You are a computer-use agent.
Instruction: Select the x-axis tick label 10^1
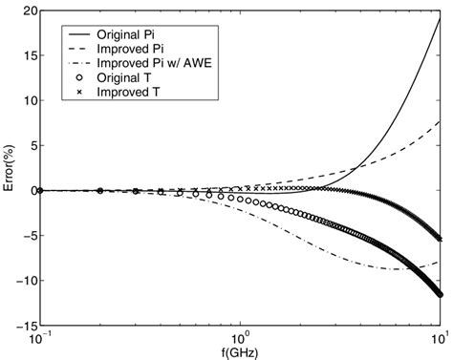[439, 340]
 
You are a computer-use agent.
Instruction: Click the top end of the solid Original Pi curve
[439, 19]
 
